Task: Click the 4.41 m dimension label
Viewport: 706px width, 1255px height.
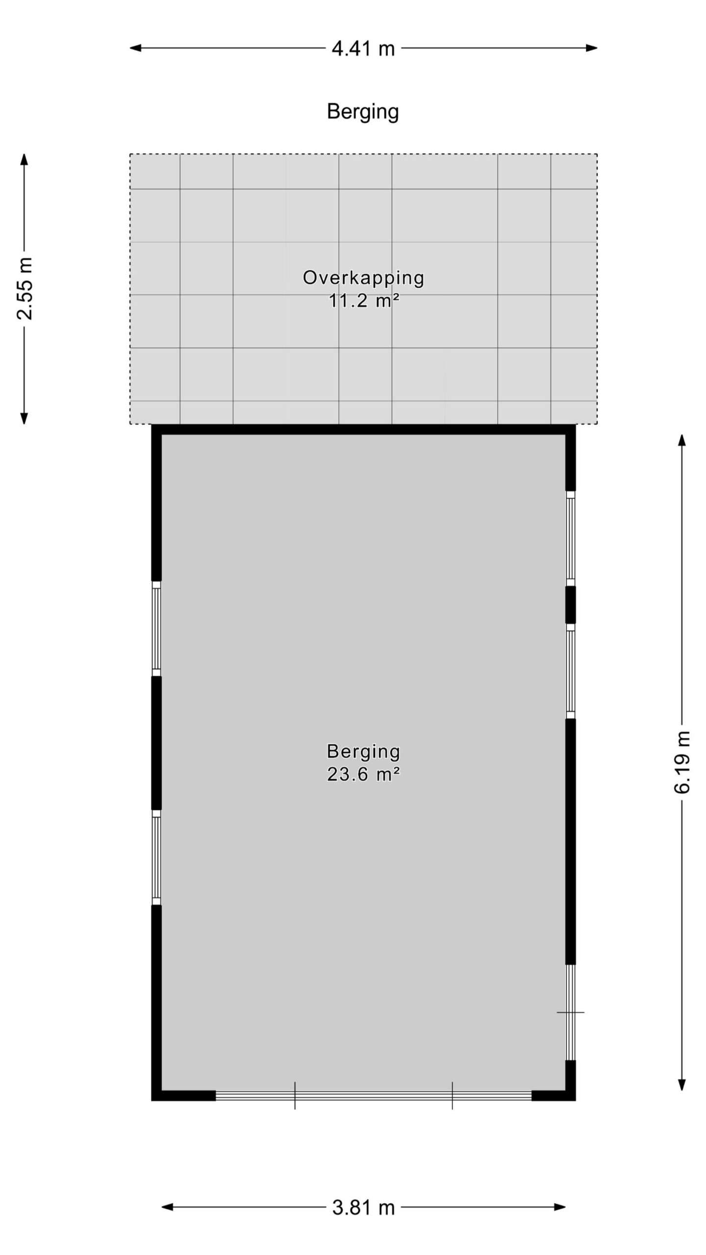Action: click(363, 49)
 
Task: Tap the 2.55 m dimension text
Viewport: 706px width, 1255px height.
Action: click(24, 288)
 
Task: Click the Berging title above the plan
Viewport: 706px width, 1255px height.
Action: click(363, 112)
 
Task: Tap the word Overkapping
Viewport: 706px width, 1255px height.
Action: click(363, 278)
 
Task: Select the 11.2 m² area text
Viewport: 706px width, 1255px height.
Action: click(363, 301)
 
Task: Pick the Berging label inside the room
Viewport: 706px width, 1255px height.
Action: click(363, 752)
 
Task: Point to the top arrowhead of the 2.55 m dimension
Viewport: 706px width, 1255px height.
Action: click(24, 160)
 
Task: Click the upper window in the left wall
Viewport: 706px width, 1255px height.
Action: click(156, 629)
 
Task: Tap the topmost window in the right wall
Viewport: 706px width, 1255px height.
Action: click(571, 538)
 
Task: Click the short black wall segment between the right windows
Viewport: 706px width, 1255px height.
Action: click(571, 605)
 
